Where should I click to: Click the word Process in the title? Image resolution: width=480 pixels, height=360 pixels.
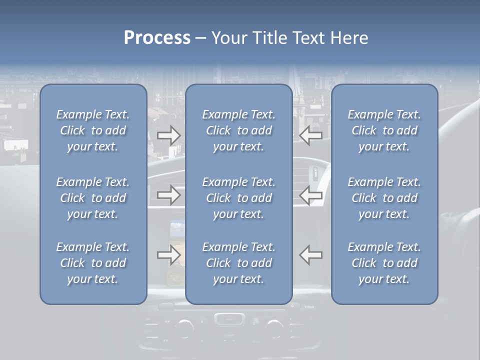pos(157,38)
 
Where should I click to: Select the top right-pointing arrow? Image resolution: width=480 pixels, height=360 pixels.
pos(169,135)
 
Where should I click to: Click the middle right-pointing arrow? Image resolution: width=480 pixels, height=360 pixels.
pos(169,195)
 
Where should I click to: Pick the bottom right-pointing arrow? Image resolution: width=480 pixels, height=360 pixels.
pos(169,255)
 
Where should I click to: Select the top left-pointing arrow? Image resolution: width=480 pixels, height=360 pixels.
pos(310,135)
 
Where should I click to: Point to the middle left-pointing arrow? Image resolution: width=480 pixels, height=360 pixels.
pos(310,195)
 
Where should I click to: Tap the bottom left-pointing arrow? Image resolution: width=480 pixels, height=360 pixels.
pos(310,255)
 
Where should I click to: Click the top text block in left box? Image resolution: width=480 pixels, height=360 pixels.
pos(93,130)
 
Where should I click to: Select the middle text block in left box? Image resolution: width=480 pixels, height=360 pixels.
pos(93,198)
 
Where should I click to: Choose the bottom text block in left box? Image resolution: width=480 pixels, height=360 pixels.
pos(93,263)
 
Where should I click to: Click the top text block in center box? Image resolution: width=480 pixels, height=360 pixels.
pos(238,130)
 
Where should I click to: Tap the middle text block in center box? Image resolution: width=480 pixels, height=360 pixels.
pos(238,198)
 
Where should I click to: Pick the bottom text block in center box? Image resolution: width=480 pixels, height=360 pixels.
pos(238,263)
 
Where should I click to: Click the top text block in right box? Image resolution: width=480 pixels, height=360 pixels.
pos(384,130)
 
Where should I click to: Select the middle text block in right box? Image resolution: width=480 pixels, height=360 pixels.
pos(384,198)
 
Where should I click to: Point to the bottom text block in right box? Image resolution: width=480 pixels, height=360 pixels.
pos(384,263)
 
